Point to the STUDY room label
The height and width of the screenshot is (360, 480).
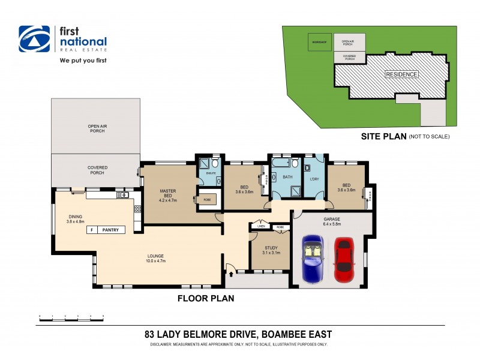270,248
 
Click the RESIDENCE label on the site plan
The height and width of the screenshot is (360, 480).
401,74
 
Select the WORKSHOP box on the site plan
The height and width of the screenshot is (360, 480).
319,42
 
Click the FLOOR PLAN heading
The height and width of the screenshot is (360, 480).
205,298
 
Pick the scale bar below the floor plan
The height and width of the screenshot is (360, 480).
71,316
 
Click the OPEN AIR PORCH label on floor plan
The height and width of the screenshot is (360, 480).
97,128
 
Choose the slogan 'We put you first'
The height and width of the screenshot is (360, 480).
83,61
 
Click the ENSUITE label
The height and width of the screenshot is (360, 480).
211,173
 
